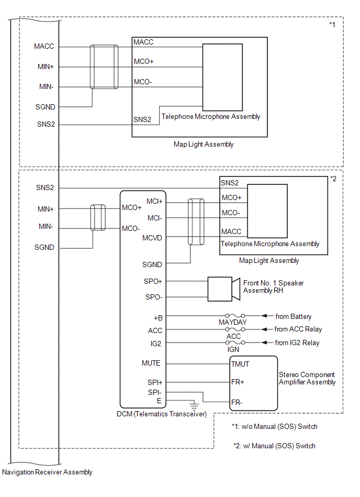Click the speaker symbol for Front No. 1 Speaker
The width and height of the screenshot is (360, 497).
(x=224, y=289)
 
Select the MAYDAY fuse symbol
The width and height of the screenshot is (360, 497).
(x=235, y=316)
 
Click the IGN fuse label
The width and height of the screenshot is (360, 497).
(x=233, y=349)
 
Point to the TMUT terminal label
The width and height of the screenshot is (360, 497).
(x=240, y=364)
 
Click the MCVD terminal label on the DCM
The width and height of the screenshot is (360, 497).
(x=152, y=238)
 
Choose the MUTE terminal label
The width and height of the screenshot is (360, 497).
(x=151, y=363)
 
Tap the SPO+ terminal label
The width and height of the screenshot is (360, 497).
(x=153, y=281)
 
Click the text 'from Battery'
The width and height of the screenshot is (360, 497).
(x=294, y=316)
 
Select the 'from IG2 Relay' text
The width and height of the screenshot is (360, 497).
(x=297, y=343)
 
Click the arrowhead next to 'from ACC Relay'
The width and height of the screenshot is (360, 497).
(x=265, y=329)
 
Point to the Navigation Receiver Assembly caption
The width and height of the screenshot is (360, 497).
(x=47, y=472)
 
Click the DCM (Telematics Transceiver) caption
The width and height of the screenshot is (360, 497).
(x=162, y=414)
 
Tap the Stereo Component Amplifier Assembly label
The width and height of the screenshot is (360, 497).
(x=307, y=379)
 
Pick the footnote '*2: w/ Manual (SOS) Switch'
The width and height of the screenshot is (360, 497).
(x=274, y=446)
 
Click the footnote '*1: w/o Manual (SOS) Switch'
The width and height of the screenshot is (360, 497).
(x=275, y=426)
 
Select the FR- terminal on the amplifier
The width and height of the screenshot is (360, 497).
(x=237, y=402)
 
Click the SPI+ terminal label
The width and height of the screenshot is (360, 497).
(x=155, y=383)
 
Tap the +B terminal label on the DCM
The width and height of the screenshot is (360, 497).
(x=158, y=318)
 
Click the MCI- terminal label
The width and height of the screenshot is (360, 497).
(x=154, y=218)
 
